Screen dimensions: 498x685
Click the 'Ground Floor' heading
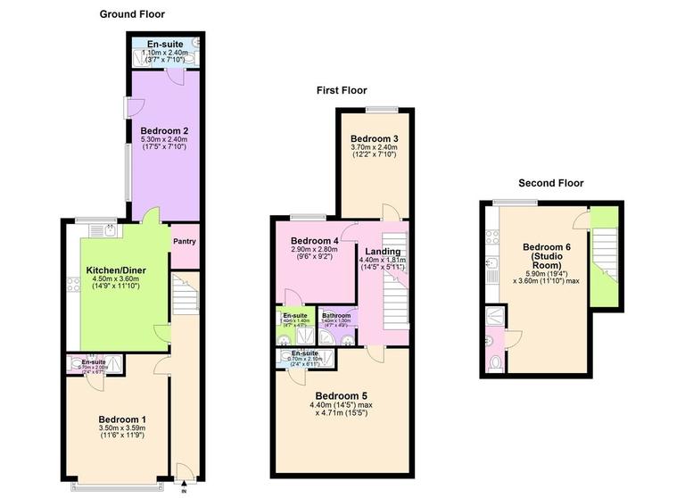tap(132, 14)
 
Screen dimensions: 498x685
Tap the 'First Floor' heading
tap(342, 90)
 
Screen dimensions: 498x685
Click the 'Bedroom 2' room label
tap(163, 130)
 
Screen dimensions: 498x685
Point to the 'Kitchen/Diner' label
tap(115, 270)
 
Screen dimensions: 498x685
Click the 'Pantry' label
tap(184, 241)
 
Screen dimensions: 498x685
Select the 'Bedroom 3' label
tap(375, 139)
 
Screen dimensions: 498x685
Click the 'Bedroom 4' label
tap(315, 241)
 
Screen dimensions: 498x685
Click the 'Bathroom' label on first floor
tap(336, 316)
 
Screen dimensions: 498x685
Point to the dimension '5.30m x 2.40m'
tap(163, 140)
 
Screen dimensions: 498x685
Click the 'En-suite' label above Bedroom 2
tap(165, 43)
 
